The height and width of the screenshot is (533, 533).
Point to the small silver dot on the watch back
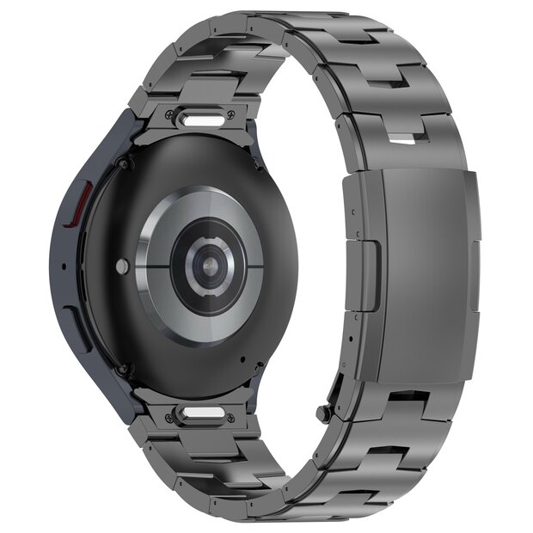point(123,267)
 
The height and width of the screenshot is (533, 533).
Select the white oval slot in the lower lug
point(203,415)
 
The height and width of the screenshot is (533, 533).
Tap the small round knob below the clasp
point(323,414)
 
